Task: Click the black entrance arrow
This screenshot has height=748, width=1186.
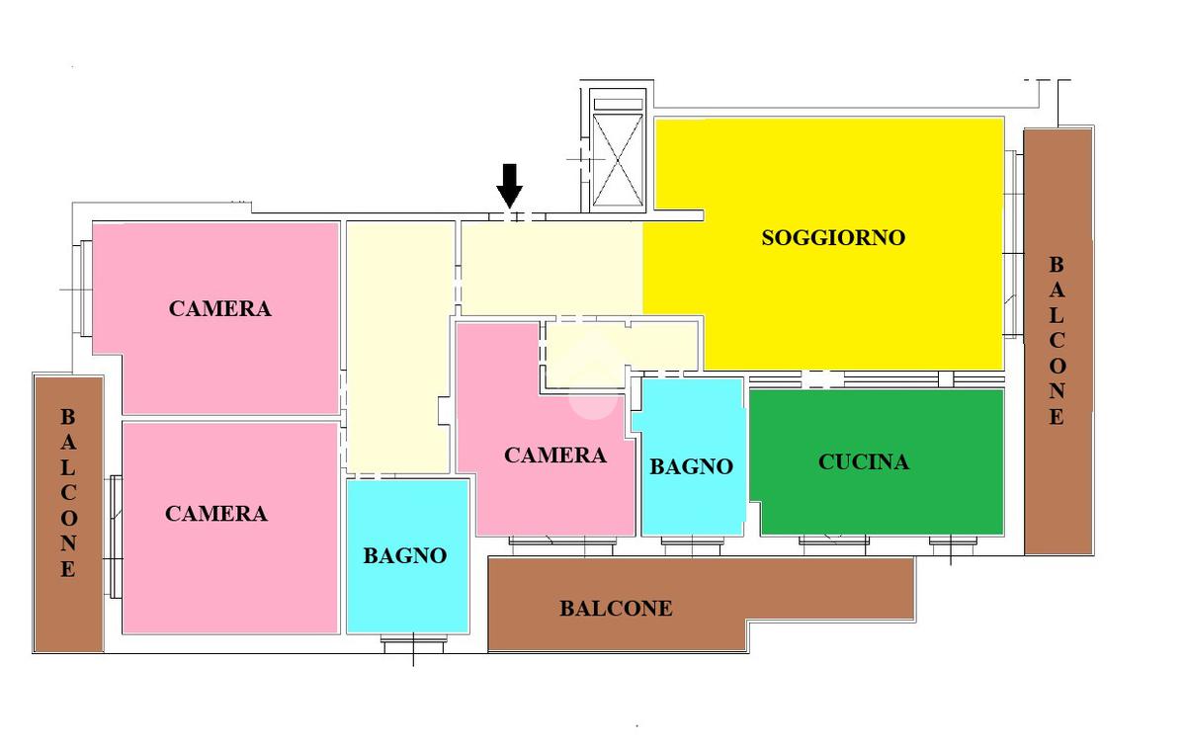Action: (509, 186)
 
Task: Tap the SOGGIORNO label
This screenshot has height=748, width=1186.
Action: (833, 238)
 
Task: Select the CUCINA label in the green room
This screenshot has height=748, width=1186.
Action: (864, 462)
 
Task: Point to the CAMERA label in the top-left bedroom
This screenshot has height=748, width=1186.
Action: (219, 309)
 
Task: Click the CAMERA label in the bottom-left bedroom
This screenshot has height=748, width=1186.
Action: (216, 514)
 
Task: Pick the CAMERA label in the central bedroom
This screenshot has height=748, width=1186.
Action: (554, 456)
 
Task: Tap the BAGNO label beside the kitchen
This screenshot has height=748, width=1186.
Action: (691, 467)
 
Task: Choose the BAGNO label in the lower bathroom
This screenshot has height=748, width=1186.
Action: (405, 556)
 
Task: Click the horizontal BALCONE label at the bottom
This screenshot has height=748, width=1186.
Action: (617, 609)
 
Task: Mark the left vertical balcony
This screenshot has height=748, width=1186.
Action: (69, 514)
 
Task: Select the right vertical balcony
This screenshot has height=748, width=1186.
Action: (1059, 342)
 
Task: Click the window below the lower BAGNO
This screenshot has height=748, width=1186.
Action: (413, 643)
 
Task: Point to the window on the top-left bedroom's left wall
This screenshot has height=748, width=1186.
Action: (86, 288)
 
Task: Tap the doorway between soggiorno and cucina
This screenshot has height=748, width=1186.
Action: (822, 379)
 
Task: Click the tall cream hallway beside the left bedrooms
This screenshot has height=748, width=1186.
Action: (399, 347)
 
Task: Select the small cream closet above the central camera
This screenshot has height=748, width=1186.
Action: (620, 354)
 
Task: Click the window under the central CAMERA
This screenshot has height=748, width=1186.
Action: (562, 545)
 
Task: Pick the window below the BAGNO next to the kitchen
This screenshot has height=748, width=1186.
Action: (692, 545)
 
